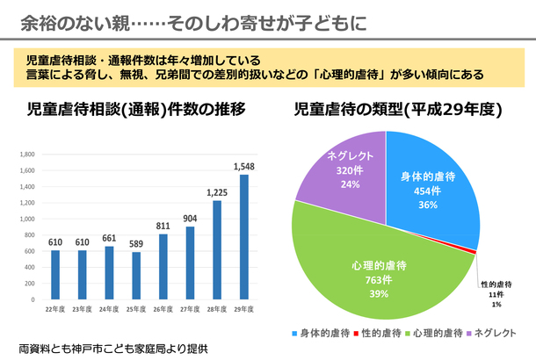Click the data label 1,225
216,192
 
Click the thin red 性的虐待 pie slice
474,252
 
